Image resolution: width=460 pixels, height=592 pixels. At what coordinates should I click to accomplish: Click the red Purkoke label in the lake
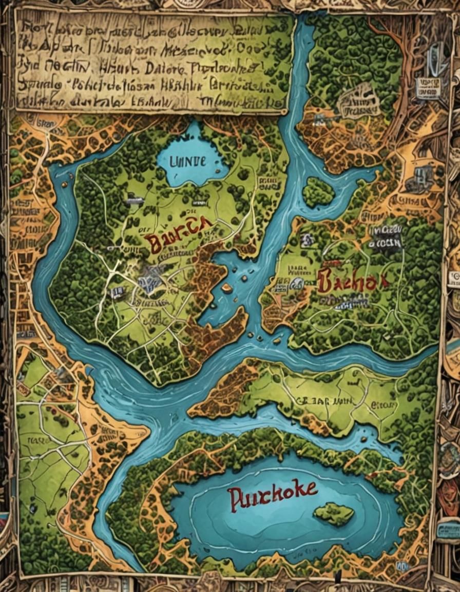[273, 495]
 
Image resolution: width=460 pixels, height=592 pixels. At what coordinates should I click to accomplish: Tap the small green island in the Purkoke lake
[334, 513]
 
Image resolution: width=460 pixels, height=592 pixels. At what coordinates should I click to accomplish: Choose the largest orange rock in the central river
[227, 288]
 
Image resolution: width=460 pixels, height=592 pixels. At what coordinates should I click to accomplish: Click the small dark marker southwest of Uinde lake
[135, 201]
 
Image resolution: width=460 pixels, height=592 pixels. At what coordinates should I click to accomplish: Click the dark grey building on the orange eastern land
[424, 175]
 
